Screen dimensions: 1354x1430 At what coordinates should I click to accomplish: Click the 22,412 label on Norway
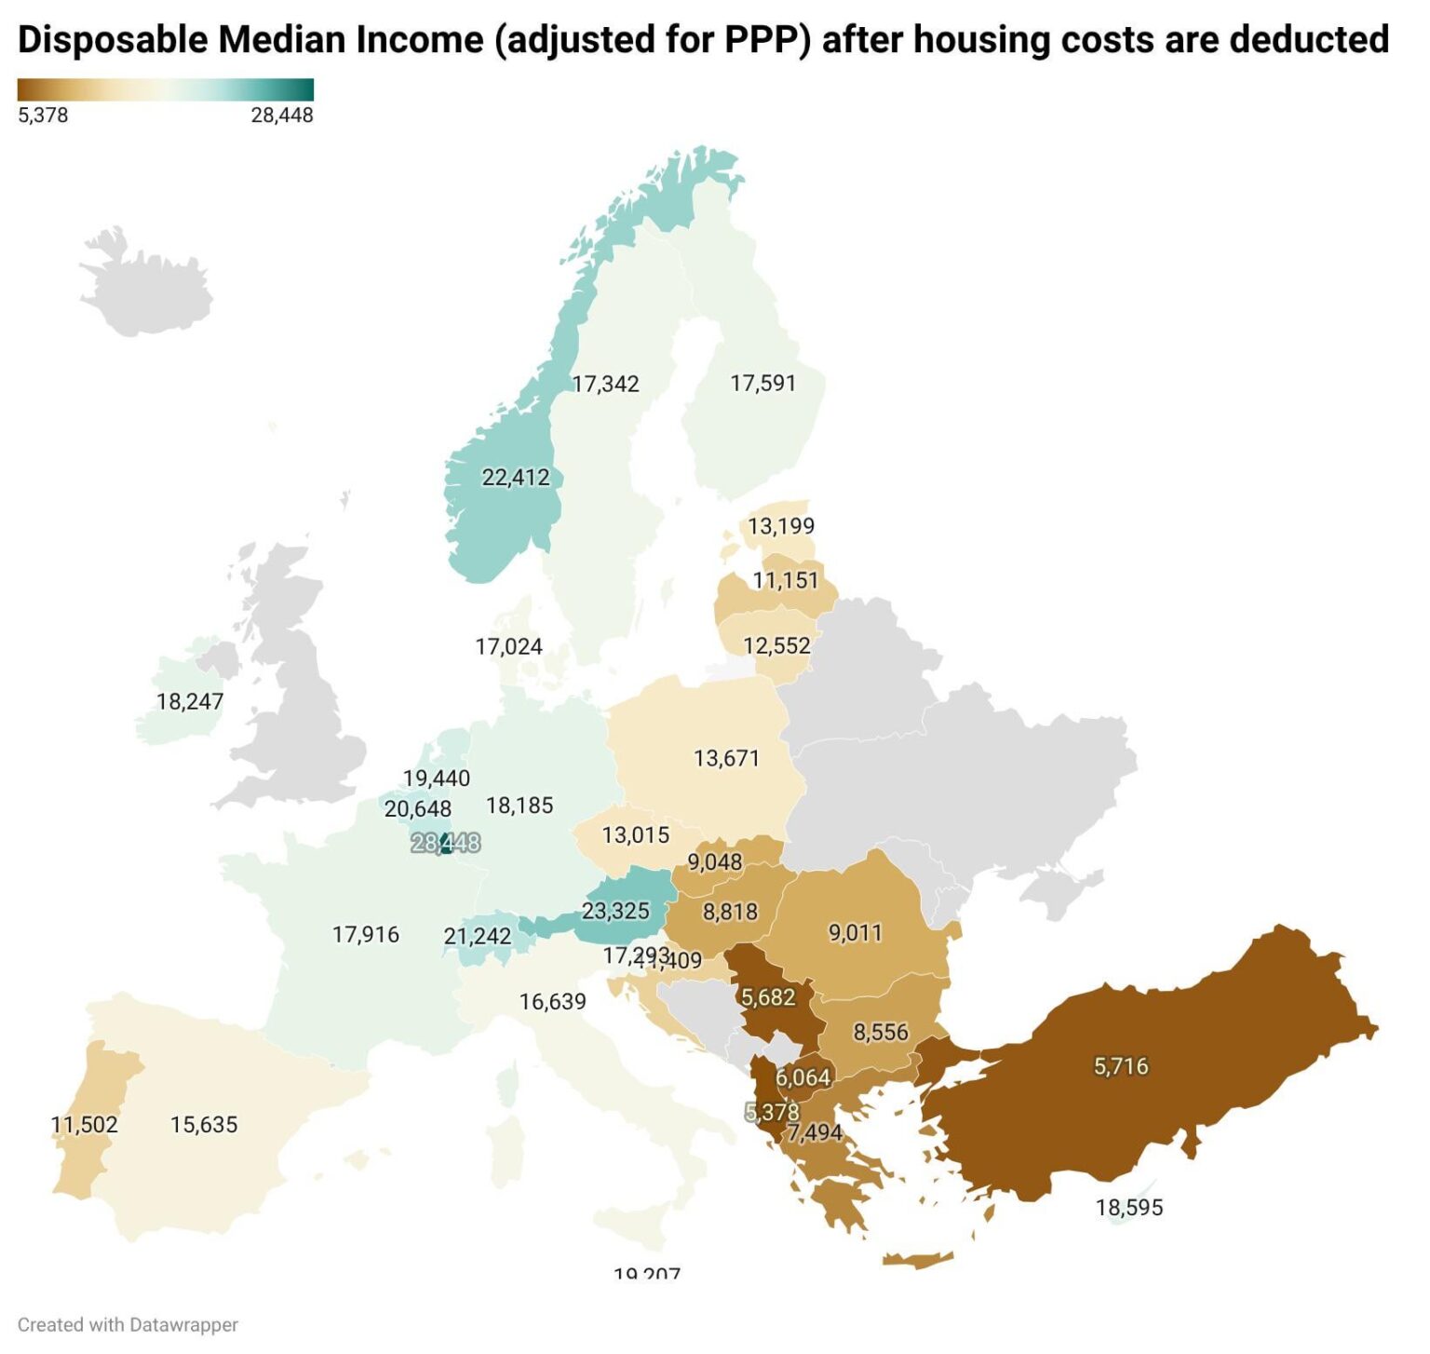click(516, 478)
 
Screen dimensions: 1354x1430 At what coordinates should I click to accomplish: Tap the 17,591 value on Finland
click(762, 383)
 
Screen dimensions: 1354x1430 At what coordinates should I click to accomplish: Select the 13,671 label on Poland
click(726, 758)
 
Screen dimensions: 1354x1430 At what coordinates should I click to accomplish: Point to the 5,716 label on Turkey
click(1120, 1065)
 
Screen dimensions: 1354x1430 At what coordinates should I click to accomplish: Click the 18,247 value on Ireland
click(190, 701)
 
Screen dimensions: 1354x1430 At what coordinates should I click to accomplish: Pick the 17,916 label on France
click(365, 934)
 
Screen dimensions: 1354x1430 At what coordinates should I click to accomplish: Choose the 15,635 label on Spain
click(204, 1124)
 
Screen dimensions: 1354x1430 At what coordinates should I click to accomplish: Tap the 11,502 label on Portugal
click(85, 1124)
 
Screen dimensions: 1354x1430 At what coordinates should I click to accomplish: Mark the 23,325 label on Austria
click(615, 910)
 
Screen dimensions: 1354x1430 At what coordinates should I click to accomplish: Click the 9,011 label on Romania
click(855, 932)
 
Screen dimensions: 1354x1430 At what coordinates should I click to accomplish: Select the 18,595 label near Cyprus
click(1129, 1207)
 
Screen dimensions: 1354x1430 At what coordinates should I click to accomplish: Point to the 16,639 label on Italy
click(552, 1001)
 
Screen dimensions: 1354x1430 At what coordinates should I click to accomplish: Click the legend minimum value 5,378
click(43, 115)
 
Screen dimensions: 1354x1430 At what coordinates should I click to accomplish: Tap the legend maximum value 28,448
click(282, 115)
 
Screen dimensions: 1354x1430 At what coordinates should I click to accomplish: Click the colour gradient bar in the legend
click(166, 89)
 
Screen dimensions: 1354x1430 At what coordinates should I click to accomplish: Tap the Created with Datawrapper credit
click(128, 1324)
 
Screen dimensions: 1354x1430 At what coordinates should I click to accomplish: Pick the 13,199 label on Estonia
click(780, 526)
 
